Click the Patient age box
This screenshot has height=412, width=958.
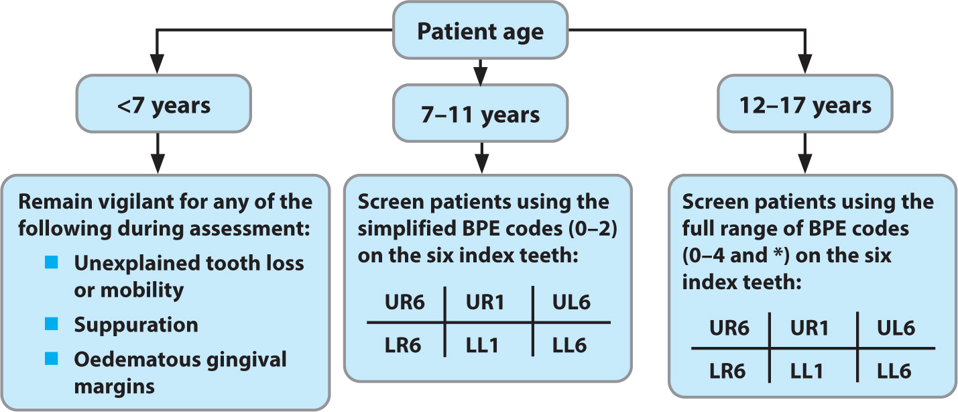point(480,30)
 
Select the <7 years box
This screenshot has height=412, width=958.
point(164,104)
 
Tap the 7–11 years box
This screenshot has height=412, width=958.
point(480,113)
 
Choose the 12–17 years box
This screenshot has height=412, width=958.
point(805,104)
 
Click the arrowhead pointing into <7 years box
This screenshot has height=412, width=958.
point(158,64)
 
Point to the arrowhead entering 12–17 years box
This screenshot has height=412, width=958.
point(805,64)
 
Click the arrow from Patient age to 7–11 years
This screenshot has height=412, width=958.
point(480,72)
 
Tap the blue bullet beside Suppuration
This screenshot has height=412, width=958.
point(52,324)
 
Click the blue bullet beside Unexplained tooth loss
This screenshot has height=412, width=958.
point(52,262)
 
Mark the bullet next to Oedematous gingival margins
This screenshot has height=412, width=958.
point(52,358)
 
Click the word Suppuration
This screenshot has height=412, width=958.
point(136,325)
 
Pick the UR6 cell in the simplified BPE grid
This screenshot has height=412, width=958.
point(404,303)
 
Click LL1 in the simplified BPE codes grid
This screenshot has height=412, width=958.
point(483,346)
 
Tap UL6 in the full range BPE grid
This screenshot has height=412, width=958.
point(896,328)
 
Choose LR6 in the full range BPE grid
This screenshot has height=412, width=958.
point(727,371)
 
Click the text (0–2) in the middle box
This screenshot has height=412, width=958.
point(593,229)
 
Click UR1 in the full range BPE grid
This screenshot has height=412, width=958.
point(810,328)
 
